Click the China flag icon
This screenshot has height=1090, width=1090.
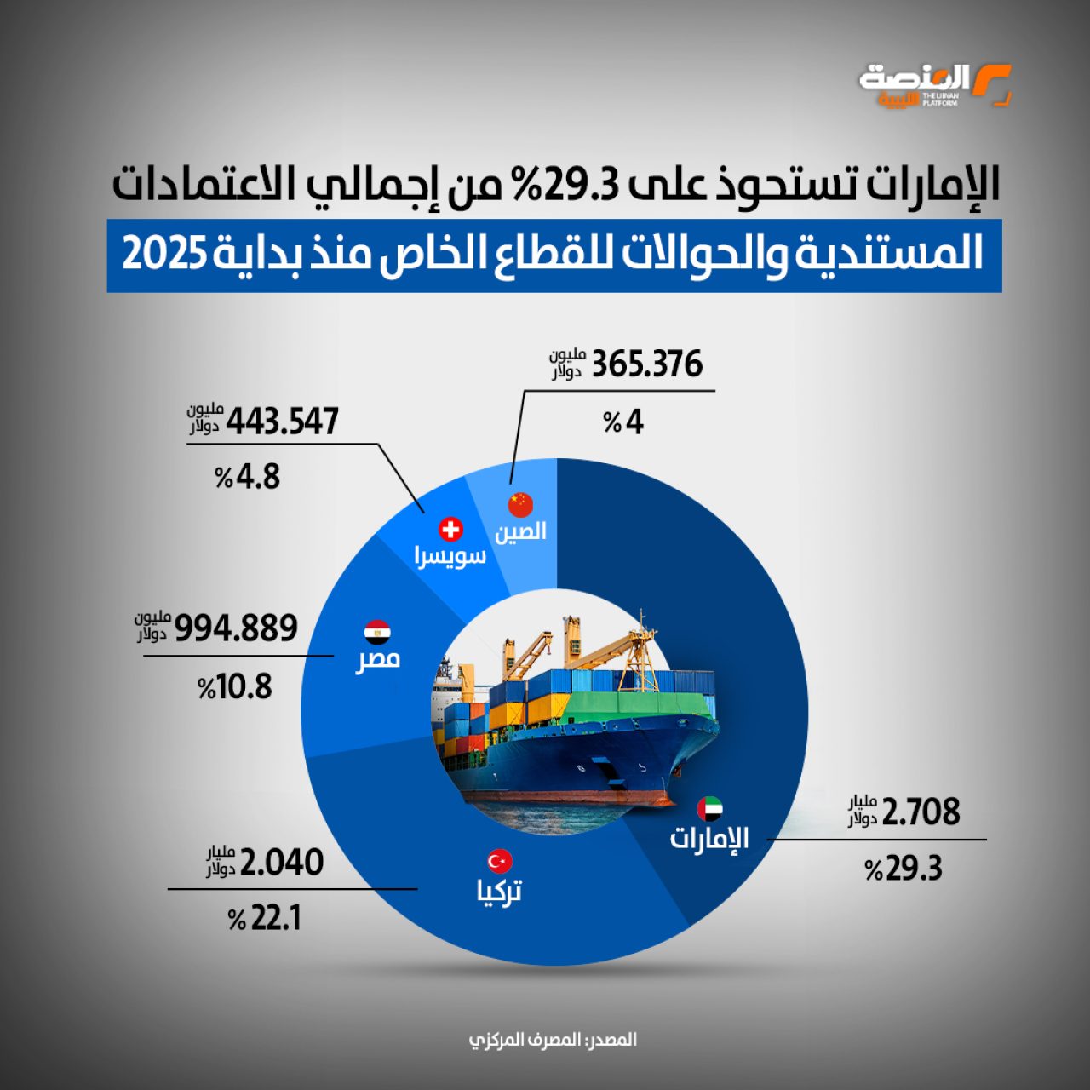pos(520,504)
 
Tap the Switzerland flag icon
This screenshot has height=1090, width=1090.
pos(450,530)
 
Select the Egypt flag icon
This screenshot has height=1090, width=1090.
pos(377,632)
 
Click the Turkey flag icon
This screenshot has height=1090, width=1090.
pos(499,860)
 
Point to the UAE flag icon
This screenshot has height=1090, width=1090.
pos(709,808)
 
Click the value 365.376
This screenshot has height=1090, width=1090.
pos(646,364)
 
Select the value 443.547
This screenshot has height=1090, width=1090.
pos(282,421)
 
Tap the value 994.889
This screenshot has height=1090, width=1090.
pos(236,628)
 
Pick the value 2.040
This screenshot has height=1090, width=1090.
pos(282,863)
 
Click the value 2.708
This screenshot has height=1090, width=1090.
pos(921,812)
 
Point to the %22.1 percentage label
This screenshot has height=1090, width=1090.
pos(265,919)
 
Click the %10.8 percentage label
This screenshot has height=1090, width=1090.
pos(235,686)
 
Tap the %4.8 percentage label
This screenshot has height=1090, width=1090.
pos(247,477)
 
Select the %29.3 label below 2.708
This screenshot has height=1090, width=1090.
pos(904,869)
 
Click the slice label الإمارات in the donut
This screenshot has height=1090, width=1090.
pos(709,838)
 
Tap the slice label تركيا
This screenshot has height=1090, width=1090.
pos(499,891)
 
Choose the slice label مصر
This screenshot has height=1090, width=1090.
pos(377,659)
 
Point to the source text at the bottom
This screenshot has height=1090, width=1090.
pos(553,1040)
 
